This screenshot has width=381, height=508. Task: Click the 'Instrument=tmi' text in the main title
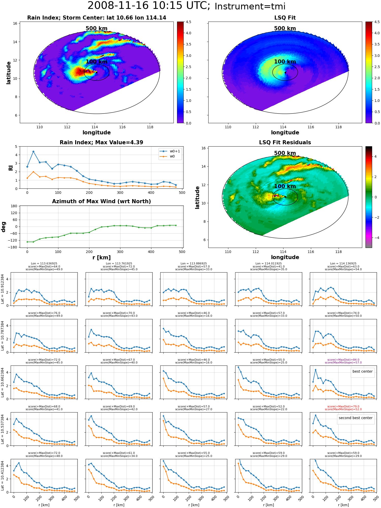250,7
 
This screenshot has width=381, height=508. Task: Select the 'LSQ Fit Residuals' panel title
285,142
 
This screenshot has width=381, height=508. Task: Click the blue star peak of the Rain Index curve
33,152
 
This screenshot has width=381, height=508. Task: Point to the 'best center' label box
362,371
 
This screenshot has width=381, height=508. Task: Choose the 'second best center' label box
356,418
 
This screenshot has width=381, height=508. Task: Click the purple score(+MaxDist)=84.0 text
343,360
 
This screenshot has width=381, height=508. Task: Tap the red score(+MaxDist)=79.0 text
343,406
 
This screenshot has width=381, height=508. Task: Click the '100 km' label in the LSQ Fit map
285,62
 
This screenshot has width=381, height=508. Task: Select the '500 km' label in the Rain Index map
97,28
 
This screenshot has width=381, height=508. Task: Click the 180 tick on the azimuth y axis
14,206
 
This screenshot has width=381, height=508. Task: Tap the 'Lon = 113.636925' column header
44,264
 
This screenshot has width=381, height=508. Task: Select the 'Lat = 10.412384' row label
3,476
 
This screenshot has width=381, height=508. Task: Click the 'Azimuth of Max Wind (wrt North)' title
101,201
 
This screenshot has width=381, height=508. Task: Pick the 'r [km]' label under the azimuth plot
101,258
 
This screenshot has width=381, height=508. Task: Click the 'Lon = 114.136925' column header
343,264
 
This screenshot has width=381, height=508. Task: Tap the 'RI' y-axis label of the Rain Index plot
11,168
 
